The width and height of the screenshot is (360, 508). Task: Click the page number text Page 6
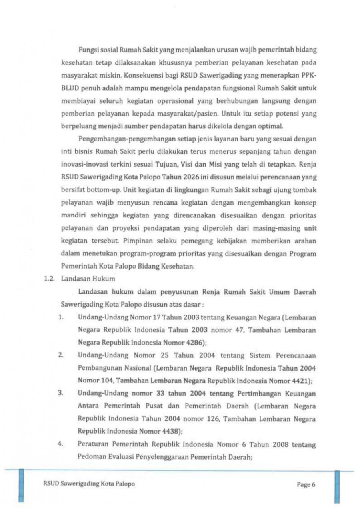tap(306, 485)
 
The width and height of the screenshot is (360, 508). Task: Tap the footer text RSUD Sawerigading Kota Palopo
tap(89, 484)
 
